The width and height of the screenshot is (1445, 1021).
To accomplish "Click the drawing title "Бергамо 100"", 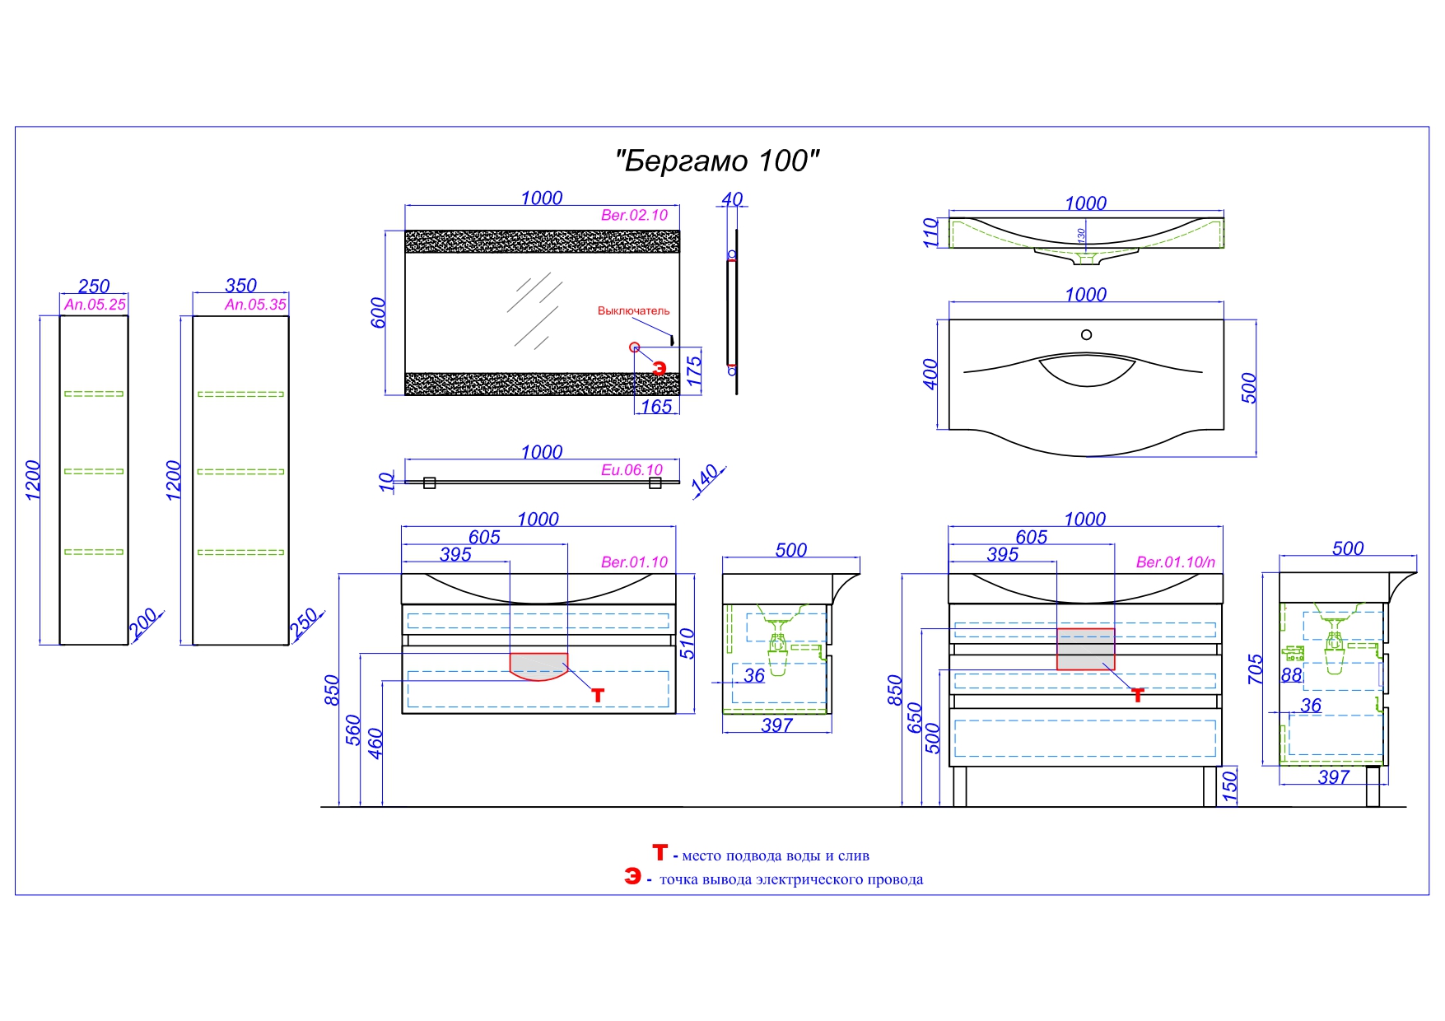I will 717,161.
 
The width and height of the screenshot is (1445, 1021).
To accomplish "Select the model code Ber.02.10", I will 634,215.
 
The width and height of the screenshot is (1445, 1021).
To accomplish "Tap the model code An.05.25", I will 95,304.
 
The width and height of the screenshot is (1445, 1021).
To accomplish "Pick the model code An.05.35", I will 255,304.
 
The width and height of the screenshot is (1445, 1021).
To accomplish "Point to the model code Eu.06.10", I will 632,469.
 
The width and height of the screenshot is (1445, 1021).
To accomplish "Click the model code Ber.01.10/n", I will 1175,562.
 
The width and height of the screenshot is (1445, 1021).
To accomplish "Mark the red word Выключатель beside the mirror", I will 633,310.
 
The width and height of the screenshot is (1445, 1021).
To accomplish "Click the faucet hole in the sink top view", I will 1086,334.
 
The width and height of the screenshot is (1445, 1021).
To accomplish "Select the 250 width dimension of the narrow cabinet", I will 94,286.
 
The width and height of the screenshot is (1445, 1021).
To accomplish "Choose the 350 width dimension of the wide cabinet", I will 240,285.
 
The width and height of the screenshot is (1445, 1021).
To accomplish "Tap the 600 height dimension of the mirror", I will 378,313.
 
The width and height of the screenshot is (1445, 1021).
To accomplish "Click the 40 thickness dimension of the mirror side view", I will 732,199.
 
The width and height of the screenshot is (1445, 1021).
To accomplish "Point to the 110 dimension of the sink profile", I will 930,232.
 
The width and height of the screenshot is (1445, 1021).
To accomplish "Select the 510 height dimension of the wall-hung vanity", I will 688,643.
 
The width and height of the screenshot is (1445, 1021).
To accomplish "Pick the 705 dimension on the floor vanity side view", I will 1255,669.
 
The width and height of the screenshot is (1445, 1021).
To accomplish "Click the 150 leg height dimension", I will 1229,786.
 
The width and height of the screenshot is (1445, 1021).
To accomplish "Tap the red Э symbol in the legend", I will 632,876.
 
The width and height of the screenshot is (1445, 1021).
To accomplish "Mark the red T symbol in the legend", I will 660,852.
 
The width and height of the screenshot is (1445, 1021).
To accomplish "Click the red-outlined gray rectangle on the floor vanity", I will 1085,649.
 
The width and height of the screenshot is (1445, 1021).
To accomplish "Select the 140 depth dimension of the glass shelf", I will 706,479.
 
